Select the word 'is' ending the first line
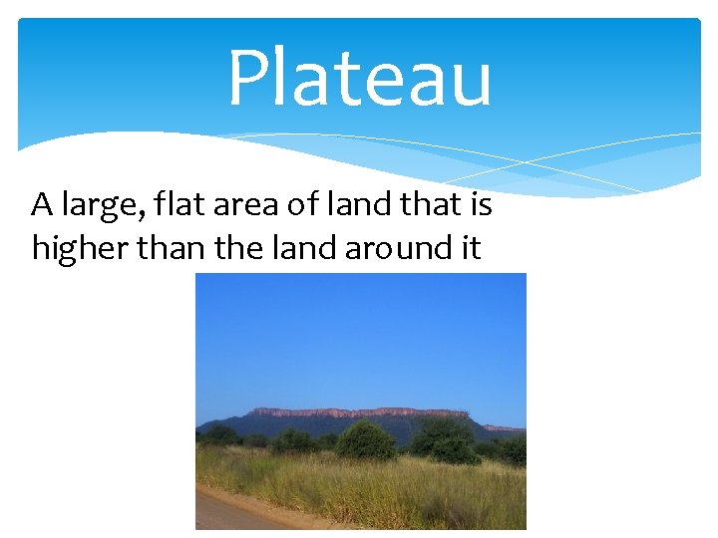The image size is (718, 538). pyautogui.click(x=482, y=205)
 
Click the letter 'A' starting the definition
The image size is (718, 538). pyautogui.click(x=41, y=205)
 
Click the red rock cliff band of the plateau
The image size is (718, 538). pyautogui.click(x=359, y=412)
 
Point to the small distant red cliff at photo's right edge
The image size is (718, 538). pyautogui.click(x=505, y=428)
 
